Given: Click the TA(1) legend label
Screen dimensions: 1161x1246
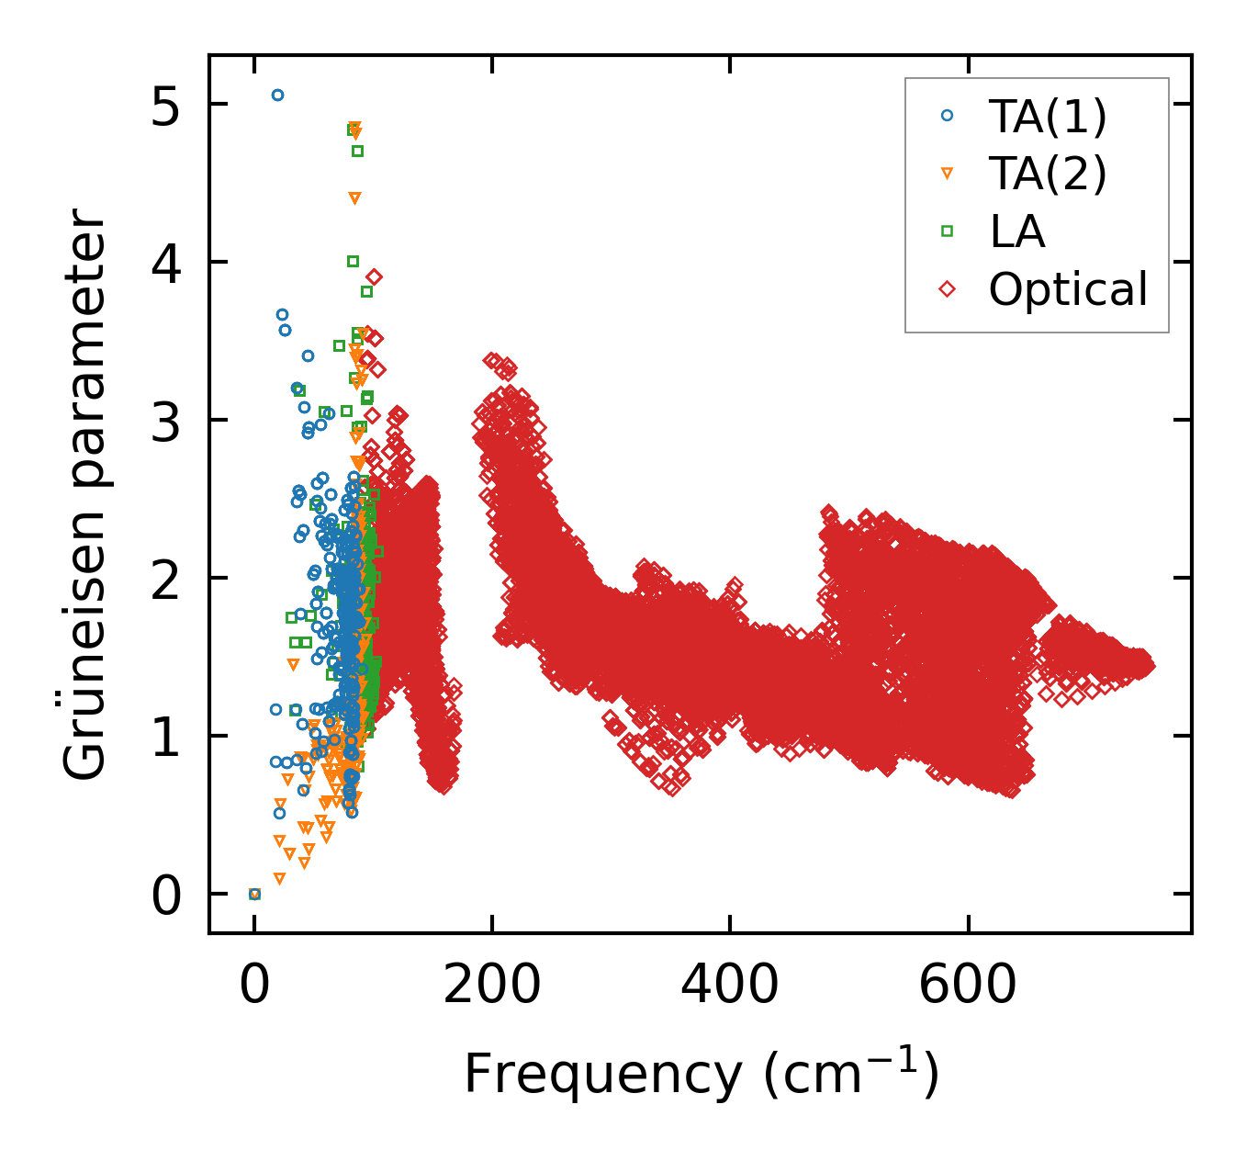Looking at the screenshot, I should coord(1048,116).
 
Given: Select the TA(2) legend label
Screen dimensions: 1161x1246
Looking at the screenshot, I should coord(1048,174).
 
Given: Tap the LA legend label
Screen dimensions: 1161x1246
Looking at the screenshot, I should coord(1017,231).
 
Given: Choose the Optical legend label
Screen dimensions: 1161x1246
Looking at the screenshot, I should coord(1068,289).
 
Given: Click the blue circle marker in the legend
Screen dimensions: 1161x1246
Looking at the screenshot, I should coord(948,116).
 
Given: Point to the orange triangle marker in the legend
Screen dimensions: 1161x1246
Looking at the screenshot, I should coord(948,174).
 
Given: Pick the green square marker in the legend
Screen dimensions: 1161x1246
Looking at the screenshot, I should coord(948,231).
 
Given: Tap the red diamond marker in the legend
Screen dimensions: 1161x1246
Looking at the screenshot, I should coord(948,289).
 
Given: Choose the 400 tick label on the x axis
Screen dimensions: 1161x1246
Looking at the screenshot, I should coord(729,986).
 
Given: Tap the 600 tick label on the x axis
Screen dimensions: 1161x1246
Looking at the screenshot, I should coord(967,986).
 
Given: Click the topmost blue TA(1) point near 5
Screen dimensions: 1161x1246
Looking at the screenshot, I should coord(277,96).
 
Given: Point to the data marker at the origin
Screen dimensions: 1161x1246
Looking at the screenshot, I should coord(254,894).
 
